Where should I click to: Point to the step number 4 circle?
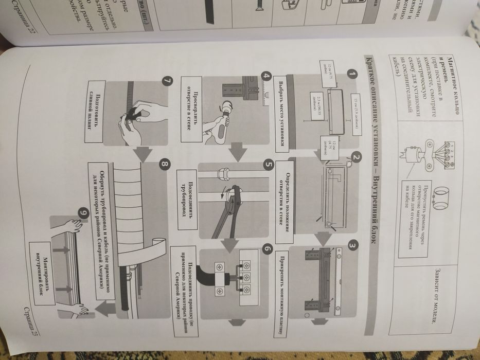266,74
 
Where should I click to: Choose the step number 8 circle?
164,165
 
